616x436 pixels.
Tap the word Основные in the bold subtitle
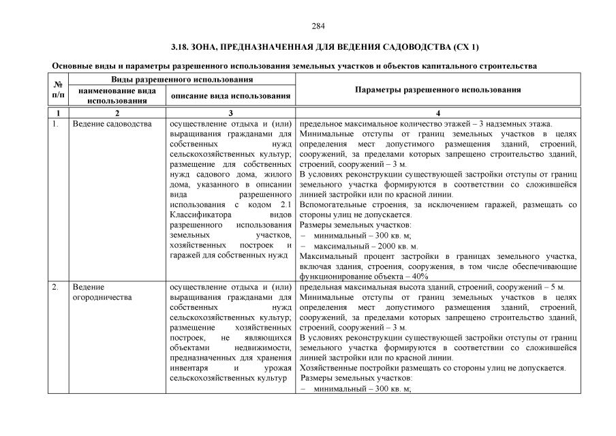(72, 66)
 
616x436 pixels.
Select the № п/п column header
(57, 89)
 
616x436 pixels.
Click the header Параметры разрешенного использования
(438, 89)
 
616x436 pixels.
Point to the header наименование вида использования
(112, 95)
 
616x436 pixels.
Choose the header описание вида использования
(230, 96)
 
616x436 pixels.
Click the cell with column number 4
(438, 112)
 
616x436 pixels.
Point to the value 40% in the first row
(419, 277)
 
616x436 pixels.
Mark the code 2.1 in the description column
(286, 205)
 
